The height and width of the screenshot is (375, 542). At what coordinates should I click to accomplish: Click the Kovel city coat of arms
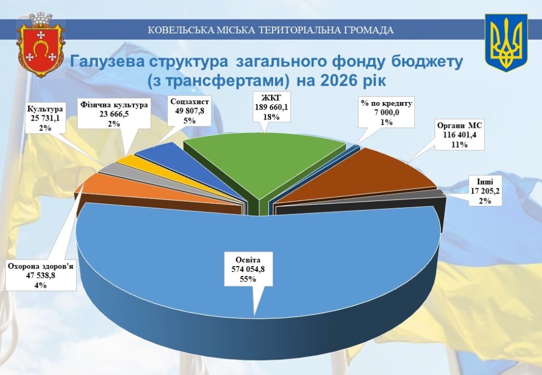tap(41, 45)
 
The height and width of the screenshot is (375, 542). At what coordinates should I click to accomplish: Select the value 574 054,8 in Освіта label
tap(248, 269)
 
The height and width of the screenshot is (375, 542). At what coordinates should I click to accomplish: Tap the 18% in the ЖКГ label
tap(272, 117)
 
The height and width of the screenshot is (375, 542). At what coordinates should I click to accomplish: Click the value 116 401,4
tap(459, 135)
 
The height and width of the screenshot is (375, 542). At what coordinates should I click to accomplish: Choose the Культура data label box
tap(46, 118)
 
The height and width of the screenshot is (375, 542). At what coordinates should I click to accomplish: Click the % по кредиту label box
tap(386, 113)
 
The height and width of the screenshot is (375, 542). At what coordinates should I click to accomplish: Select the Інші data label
tap(485, 191)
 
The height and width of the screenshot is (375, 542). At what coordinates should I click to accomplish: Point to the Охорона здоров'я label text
tap(41, 266)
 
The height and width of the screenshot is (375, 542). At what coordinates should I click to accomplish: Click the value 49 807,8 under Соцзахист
tap(190, 111)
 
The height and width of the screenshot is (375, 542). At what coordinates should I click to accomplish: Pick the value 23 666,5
tap(114, 114)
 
